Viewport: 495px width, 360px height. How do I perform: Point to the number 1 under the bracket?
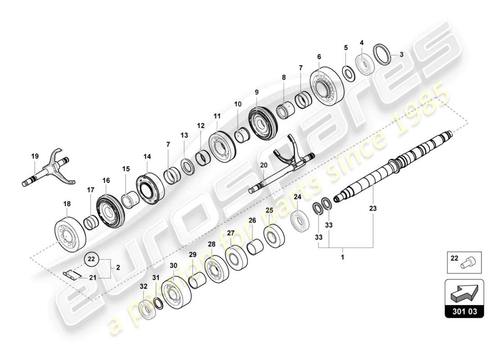click(343, 258)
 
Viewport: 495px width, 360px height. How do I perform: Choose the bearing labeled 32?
click(144, 310)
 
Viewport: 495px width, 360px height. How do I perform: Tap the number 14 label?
click(148, 157)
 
